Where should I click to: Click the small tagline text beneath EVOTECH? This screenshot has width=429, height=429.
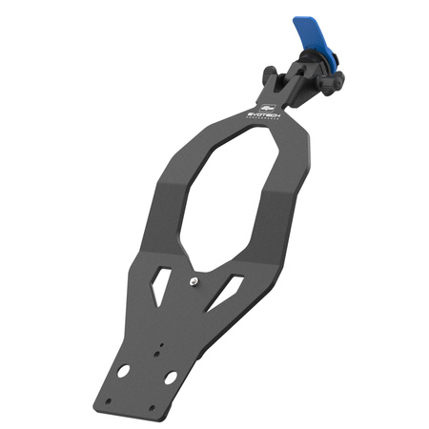pos(264,118)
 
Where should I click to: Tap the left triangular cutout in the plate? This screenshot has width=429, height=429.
pos(162,277)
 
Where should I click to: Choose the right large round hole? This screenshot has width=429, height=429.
pos(170,378)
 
